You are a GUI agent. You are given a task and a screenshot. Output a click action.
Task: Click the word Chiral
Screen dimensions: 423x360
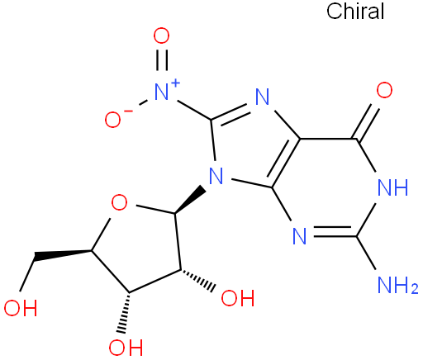355,12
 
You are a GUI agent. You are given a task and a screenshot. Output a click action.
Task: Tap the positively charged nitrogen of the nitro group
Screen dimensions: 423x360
161,92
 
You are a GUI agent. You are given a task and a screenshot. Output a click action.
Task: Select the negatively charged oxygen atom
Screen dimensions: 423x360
112,120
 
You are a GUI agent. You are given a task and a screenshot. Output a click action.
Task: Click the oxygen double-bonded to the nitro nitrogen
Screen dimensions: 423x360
161,36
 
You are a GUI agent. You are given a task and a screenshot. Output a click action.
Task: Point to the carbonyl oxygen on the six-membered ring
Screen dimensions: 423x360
384,90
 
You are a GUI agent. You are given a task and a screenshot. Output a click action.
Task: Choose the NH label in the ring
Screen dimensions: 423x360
393,187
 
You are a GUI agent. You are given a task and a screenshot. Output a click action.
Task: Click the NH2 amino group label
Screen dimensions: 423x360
398,285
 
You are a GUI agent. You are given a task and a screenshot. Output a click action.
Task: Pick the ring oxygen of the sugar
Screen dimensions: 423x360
119,202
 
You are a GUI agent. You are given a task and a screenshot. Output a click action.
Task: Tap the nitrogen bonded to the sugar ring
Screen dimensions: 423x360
216,176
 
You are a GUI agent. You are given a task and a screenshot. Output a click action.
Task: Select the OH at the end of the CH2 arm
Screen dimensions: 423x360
21,307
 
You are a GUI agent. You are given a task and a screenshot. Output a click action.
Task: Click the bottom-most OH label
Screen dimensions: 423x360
126,348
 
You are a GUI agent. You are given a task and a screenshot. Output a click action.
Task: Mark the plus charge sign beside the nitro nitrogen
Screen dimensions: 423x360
175,83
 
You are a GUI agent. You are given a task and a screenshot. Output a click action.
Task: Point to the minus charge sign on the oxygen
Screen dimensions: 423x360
128,111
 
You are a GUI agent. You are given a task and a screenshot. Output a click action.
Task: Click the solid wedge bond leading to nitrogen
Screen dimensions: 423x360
190,201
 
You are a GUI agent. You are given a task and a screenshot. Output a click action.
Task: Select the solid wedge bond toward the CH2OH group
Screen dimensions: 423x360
63,255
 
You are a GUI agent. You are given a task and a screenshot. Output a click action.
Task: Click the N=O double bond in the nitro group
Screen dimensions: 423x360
161,60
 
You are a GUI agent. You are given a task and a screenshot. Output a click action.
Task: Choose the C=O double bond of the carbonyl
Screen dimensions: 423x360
368,122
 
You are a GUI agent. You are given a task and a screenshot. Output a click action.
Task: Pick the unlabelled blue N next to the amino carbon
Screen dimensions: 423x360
299,236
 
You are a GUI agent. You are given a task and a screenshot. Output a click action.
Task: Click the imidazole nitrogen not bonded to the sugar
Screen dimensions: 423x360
262,97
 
